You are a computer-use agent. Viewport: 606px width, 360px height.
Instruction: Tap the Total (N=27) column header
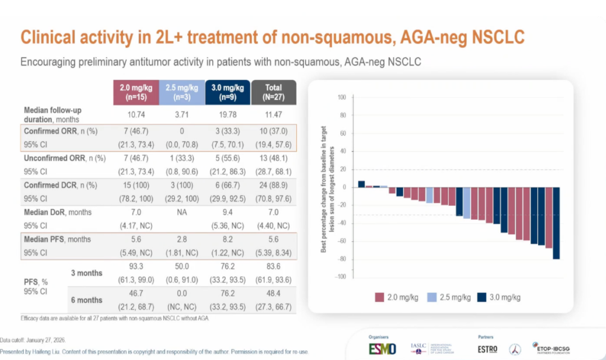274,92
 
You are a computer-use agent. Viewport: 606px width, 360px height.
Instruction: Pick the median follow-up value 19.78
228,114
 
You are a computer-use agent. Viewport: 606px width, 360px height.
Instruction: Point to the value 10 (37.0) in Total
274,131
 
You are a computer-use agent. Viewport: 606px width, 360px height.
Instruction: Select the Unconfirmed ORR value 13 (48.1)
274,158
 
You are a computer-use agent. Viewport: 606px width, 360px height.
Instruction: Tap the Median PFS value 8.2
228,239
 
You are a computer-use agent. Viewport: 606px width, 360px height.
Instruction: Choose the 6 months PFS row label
86,300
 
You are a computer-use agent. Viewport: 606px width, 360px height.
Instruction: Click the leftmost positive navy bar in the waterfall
362,184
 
